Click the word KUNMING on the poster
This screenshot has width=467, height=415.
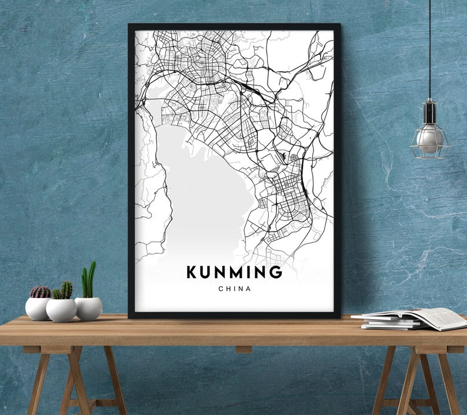click(234, 273)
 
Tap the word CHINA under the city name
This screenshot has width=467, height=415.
click(234, 289)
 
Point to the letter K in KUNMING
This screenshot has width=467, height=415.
click(192, 273)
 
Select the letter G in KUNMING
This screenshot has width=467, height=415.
click(276, 273)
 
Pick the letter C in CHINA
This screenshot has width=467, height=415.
click(221, 289)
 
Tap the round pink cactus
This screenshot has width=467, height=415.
click(40, 292)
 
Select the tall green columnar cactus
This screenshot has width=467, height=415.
click(89, 280)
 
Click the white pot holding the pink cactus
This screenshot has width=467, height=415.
click(38, 308)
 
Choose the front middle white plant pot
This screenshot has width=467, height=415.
click(61, 310)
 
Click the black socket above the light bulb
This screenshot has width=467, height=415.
click(429, 111)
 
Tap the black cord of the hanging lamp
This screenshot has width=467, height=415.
click(429, 47)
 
